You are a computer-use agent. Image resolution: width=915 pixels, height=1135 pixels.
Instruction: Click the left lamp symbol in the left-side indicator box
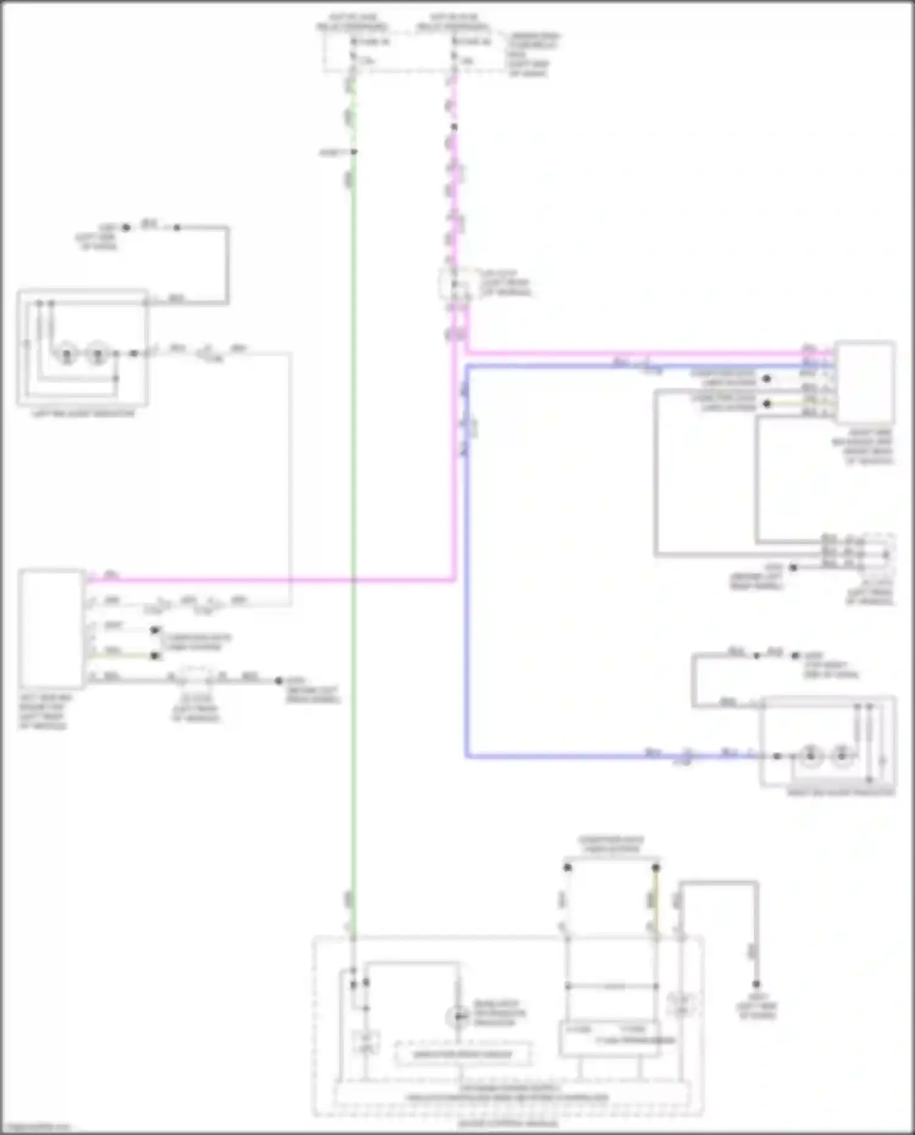66,354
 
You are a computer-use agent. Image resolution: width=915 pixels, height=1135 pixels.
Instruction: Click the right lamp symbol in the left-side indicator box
97,354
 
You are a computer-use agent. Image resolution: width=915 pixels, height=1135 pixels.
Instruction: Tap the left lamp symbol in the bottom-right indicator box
811,756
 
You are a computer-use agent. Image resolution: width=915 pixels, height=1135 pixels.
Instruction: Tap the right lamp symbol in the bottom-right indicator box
842,756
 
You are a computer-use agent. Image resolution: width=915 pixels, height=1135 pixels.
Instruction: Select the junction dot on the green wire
354,152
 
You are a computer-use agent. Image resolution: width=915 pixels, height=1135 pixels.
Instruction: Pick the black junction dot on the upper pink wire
454,127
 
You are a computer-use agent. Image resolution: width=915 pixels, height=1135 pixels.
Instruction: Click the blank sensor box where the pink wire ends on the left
51,629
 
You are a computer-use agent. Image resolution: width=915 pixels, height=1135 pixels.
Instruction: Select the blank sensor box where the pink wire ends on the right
864,382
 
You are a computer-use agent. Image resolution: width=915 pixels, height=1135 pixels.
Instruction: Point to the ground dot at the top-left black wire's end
126,227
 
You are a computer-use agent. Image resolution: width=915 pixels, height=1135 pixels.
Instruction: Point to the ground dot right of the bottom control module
756,984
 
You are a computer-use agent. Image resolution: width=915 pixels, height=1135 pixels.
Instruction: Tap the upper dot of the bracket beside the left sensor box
156,629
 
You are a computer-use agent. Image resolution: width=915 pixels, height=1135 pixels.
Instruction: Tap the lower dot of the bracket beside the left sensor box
156,656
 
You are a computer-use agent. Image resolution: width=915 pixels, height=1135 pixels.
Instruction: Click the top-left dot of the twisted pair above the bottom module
567,867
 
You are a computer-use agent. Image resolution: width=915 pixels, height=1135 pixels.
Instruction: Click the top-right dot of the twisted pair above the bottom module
656,867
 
